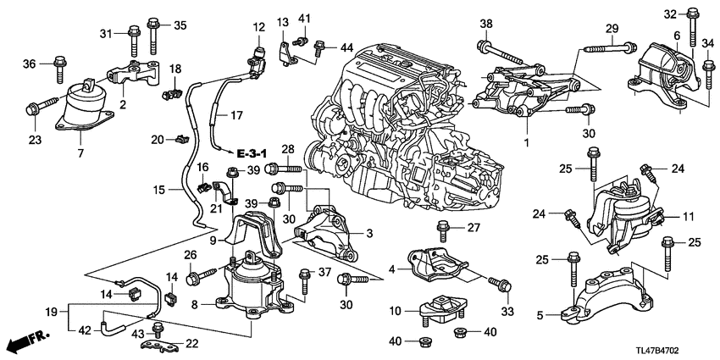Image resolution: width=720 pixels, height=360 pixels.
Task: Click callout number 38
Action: (x=485, y=24)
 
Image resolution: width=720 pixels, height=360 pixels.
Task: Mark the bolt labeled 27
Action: (x=441, y=228)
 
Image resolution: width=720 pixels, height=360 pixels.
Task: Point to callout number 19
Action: (x=51, y=312)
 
